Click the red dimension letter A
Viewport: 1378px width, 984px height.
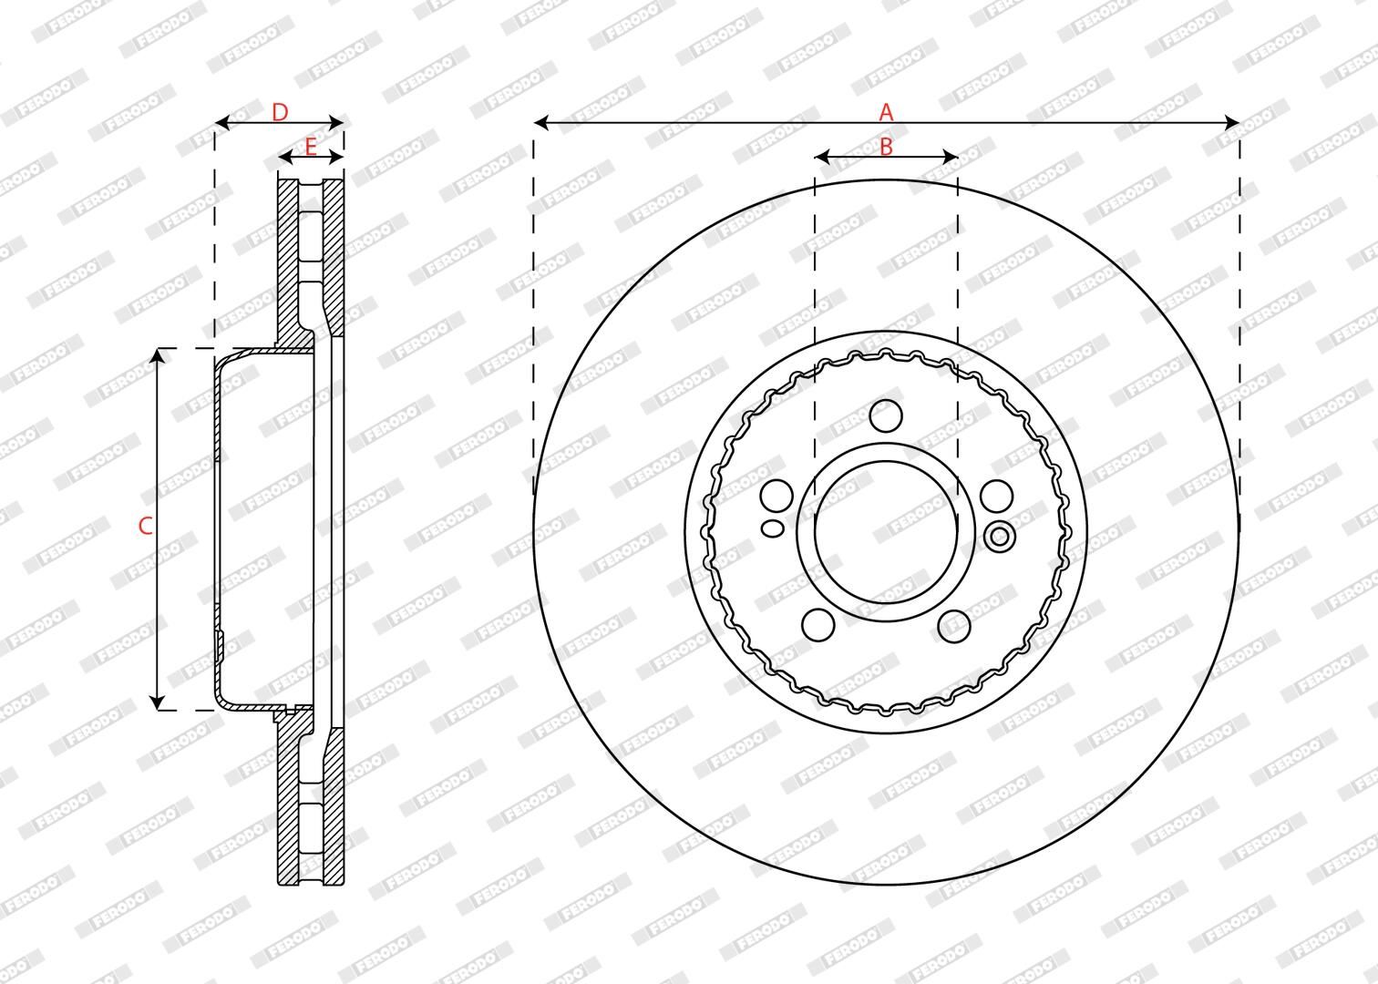click(886, 112)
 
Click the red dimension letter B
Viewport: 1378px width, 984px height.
click(886, 147)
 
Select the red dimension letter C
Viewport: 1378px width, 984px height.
click(145, 527)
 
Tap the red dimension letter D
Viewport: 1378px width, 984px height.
click(280, 112)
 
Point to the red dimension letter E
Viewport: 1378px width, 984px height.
click(311, 147)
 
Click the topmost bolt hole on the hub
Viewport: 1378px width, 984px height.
click(887, 415)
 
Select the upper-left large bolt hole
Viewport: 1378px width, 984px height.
click(776, 495)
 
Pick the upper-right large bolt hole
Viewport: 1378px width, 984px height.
click(997, 495)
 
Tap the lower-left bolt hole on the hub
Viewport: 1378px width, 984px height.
click(818, 625)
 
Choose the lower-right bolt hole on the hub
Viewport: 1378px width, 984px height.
click(954, 625)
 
